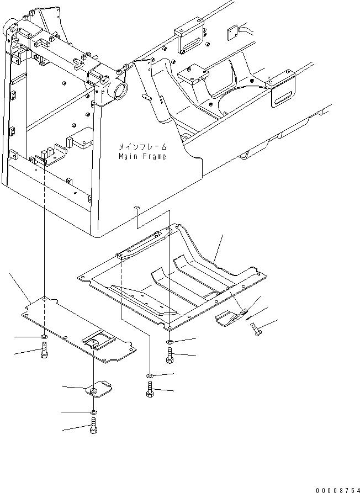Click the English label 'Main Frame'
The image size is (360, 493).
(142, 156)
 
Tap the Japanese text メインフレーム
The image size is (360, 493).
(142, 147)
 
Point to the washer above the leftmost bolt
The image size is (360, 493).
(44, 337)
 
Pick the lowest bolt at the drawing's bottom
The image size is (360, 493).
(93, 428)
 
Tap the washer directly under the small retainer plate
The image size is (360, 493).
(93, 412)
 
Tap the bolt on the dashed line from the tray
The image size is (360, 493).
(150, 390)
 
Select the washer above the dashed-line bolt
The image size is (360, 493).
(150, 377)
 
